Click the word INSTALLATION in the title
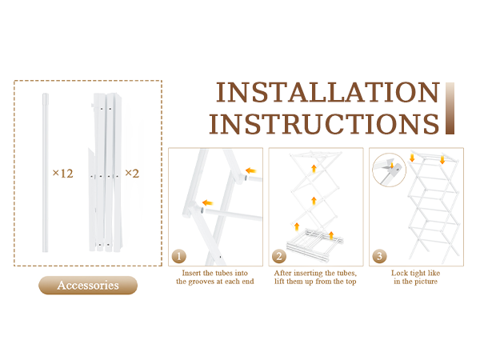pyautogui.click(x=328, y=92)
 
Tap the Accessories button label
pyautogui.click(x=88, y=285)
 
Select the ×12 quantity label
pyautogui.click(x=62, y=174)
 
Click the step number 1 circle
pyautogui.click(x=180, y=256)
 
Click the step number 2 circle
pyautogui.click(x=279, y=256)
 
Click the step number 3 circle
pyautogui.click(x=379, y=256)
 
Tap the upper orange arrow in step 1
pyautogui.click(x=250, y=170)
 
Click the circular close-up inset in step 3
pyautogui.click(x=388, y=169)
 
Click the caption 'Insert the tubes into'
pyautogui.click(x=215, y=273)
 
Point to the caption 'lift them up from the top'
pyautogui.click(x=315, y=282)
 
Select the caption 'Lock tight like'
pyautogui.click(x=414, y=273)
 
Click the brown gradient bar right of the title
pyautogui.click(x=450, y=108)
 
